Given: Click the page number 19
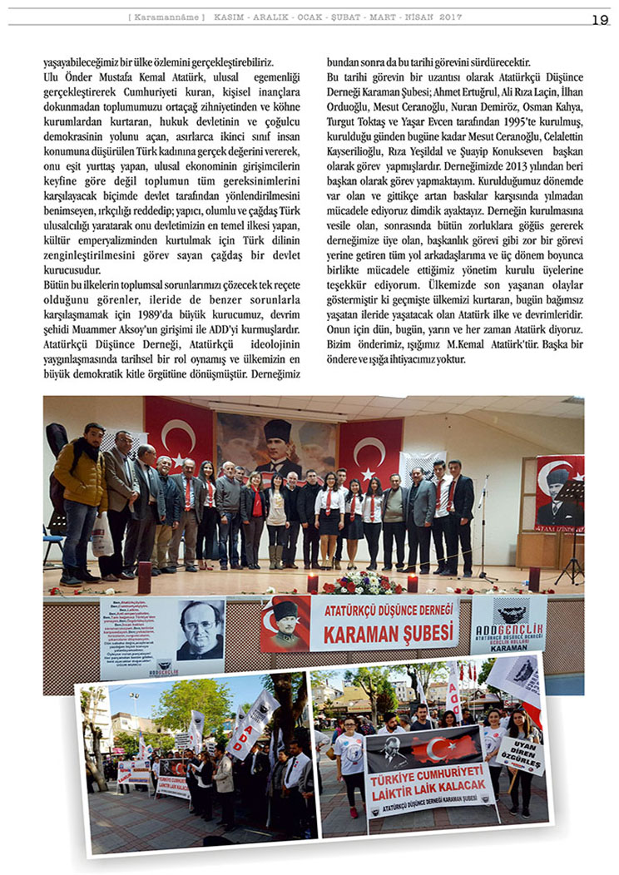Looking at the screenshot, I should pyautogui.click(x=600, y=19).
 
